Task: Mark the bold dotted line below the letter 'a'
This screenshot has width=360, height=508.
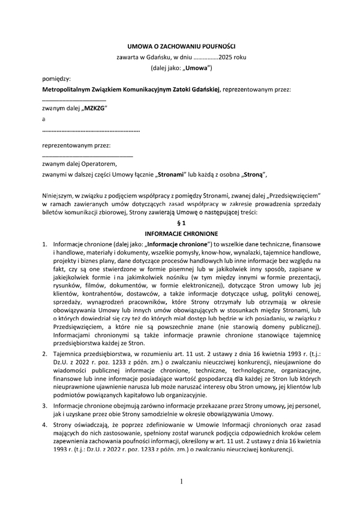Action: [91, 130]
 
